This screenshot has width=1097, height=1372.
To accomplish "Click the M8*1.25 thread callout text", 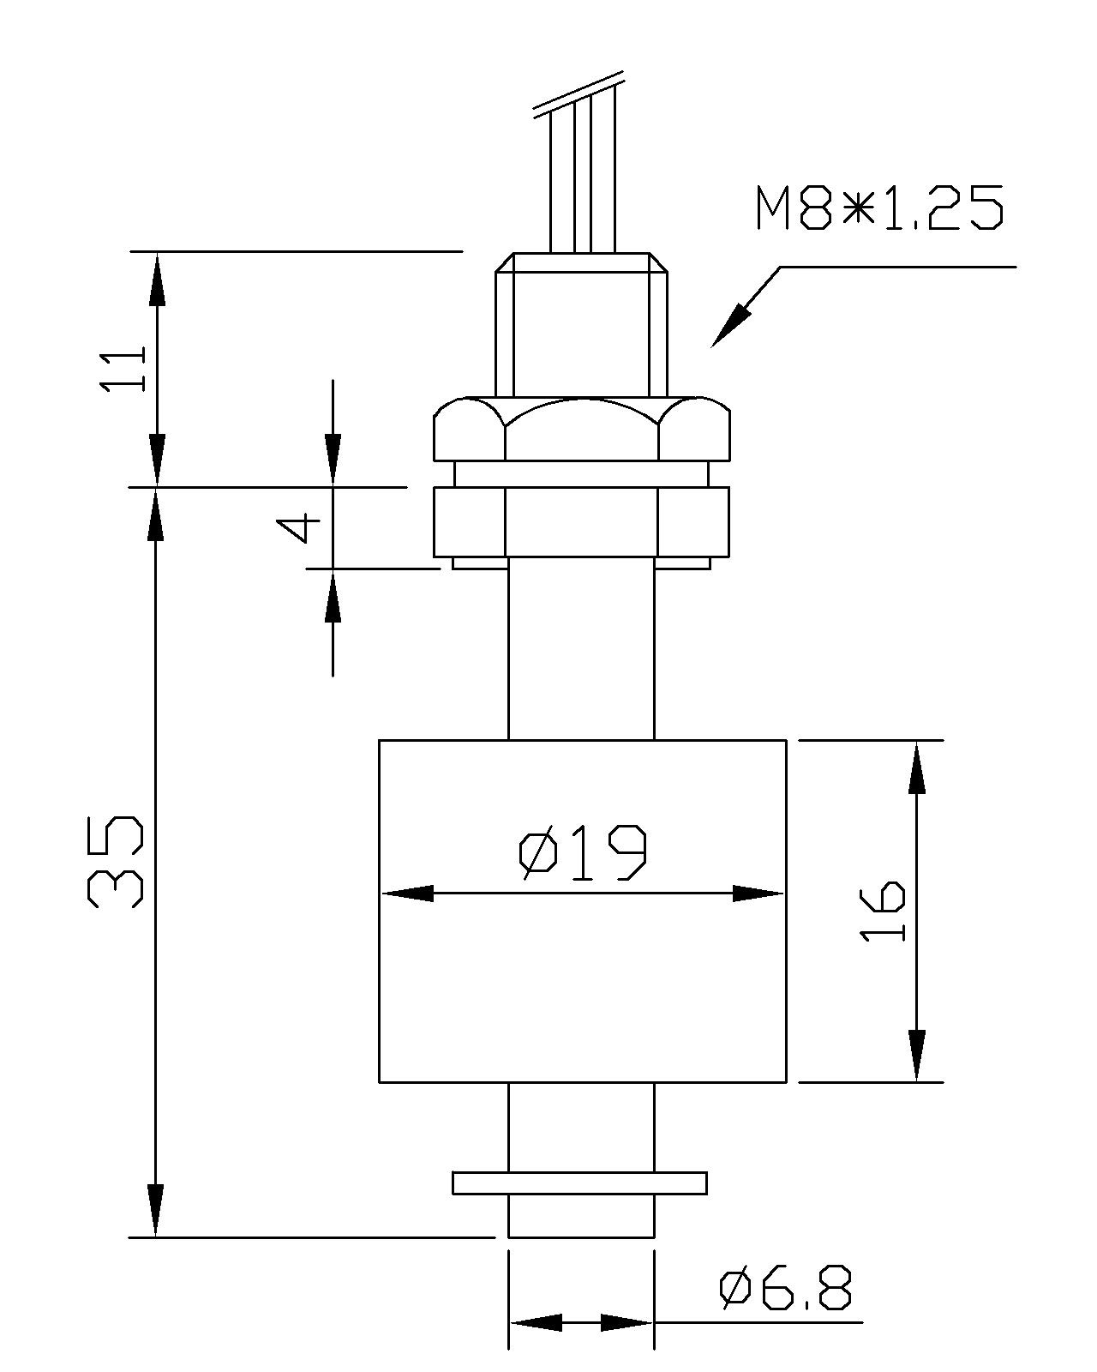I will [x=879, y=208].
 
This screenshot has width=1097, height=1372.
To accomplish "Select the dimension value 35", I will [x=115, y=862].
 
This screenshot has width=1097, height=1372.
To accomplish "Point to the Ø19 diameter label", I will [x=582, y=854].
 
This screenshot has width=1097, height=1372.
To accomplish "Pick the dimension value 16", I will [x=883, y=911].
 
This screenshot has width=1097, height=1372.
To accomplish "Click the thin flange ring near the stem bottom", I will [x=580, y=1183].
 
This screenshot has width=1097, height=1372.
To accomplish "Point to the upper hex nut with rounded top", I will [x=582, y=429].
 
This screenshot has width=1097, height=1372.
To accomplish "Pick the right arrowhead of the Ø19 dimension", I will [x=761, y=894].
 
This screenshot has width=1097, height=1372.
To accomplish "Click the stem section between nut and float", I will [x=582, y=652].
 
